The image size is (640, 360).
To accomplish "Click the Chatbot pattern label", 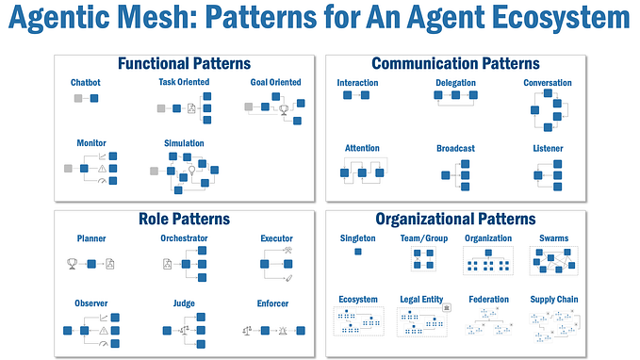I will coord(86,83).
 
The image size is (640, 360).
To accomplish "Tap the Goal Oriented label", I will coord(275,83).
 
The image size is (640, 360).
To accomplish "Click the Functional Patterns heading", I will coord(183,64).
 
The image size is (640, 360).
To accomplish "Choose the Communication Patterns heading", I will coord(455,64).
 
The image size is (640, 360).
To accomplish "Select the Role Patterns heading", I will coord(183,219).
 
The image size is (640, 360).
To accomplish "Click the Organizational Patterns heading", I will coord(455,219).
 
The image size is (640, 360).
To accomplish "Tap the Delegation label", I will coord(455,83).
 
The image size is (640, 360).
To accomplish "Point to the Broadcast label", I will coord(455,148).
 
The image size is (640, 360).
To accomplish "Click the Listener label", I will coord(548,148).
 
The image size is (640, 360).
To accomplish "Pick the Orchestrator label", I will coord(184,238).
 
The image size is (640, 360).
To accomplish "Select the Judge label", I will coord(184,303).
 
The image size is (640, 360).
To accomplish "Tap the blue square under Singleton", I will coord(357,252).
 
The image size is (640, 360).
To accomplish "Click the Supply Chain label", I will coord(554,299).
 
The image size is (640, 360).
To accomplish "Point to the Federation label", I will coord(488,299).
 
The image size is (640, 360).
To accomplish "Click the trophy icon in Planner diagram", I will coord(73,263).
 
